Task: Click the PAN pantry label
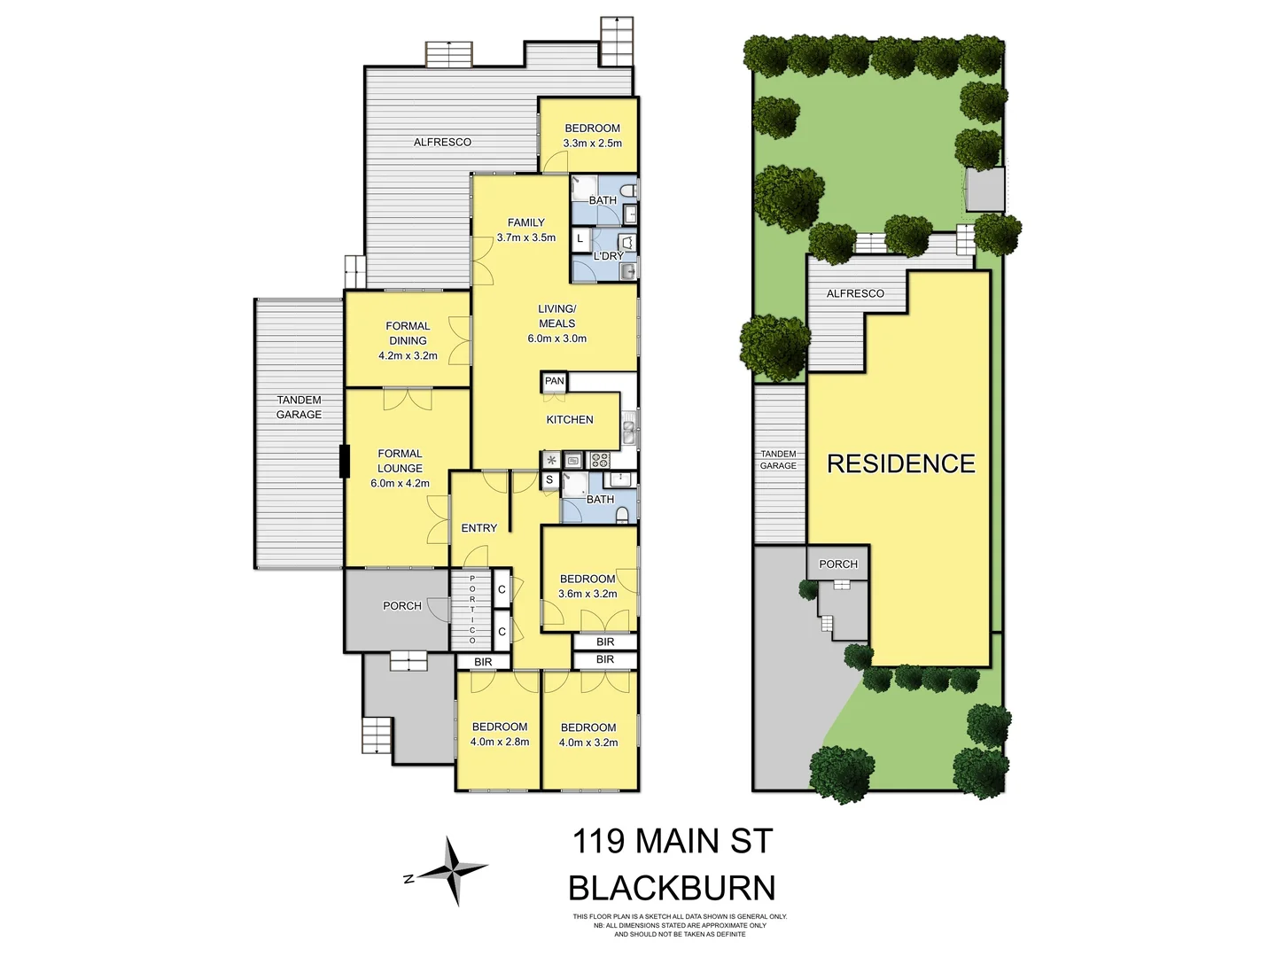[554, 381]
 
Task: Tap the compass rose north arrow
[454, 871]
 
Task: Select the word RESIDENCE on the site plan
[900, 463]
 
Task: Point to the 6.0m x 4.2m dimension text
[400, 484]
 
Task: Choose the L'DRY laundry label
[609, 256]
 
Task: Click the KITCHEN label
[570, 420]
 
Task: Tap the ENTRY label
[479, 528]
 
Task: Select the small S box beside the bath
[549, 480]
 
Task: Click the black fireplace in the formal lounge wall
[344, 461]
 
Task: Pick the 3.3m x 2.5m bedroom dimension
[593, 143]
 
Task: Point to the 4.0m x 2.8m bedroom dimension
[500, 743]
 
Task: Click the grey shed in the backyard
[984, 190]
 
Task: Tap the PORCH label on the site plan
[838, 564]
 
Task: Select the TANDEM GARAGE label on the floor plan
[299, 408]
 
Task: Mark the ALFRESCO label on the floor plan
[442, 143]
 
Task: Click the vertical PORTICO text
[472, 609]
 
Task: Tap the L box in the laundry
[580, 239]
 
